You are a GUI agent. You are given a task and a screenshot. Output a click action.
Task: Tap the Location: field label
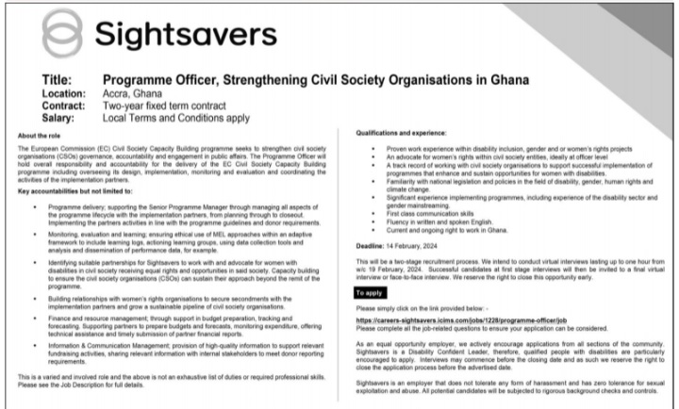coord(68,94)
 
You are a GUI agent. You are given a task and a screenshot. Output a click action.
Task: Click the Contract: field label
coord(68,107)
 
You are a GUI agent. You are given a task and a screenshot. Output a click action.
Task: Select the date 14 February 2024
coord(419,243)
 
